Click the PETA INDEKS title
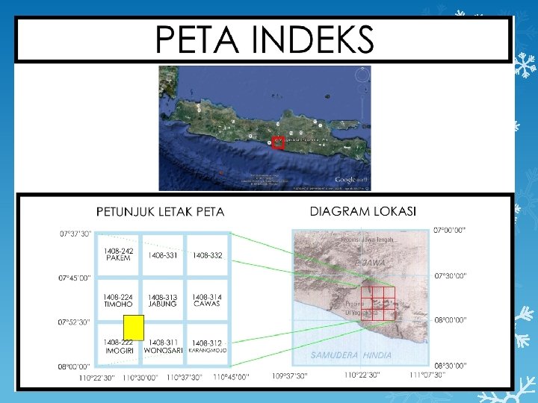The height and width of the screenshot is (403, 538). click(263, 38)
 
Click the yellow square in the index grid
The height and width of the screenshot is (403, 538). click(133, 327)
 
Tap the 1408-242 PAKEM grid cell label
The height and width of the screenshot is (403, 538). click(118, 254)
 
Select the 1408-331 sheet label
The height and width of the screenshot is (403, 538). click(163, 255)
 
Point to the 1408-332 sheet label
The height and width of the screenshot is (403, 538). click(208, 255)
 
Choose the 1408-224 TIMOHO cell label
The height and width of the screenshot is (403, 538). click(118, 300)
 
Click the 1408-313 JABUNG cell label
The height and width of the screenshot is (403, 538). click(163, 300)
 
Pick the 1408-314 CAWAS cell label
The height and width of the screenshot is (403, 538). click(207, 300)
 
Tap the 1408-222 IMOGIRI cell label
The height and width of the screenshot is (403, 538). click(118, 346)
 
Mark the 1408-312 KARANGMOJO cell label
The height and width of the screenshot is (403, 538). click(208, 346)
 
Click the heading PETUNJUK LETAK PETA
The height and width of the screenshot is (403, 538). click(160, 212)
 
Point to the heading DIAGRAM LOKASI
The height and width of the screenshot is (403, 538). click(363, 211)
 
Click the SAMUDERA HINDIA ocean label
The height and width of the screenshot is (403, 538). click(351, 354)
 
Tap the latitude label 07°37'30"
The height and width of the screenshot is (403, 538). click(75, 234)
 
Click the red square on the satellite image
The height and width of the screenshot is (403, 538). click(278, 143)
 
